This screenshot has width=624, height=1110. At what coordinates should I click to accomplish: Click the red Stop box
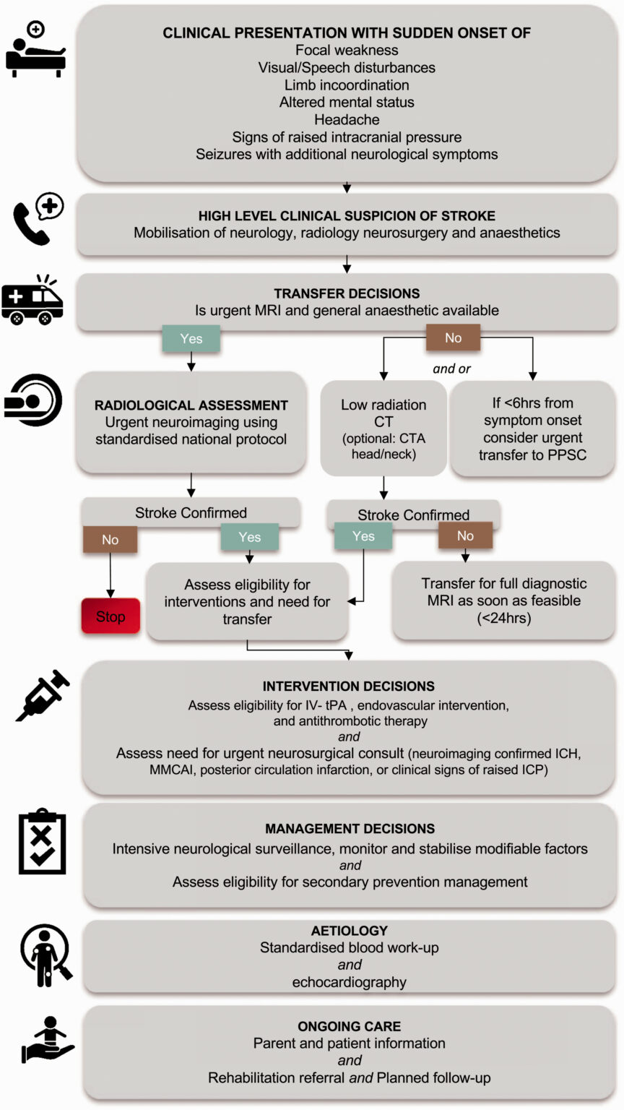[x=110, y=616]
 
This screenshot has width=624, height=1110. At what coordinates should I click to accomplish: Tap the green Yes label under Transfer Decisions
[x=191, y=338]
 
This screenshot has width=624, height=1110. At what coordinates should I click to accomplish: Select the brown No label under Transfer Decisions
[x=453, y=337]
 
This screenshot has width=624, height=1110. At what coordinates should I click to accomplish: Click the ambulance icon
[x=32, y=301]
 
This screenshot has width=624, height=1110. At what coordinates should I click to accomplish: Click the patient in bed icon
[x=35, y=51]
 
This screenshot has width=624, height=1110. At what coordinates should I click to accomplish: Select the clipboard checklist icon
[x=41, y=843]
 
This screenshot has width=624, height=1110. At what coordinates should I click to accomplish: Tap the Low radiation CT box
[x=383, y=429]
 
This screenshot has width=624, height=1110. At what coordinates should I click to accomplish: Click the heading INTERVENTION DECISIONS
[x=349, y=686]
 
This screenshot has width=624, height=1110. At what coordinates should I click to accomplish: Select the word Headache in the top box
[x=347, y=119]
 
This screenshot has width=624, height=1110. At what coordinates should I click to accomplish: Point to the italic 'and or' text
[x=451, y=369]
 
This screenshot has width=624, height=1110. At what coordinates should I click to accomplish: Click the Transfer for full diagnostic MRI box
[x=503, y=601]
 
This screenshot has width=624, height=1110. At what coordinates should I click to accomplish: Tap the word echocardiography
[x=349, y=982]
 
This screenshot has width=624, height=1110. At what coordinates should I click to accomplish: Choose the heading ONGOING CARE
[x=349, y=1026]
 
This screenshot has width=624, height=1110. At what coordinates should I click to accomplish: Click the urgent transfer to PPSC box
[x=532, y=429]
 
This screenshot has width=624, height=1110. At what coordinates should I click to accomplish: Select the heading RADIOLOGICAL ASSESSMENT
[x=191, y=405]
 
